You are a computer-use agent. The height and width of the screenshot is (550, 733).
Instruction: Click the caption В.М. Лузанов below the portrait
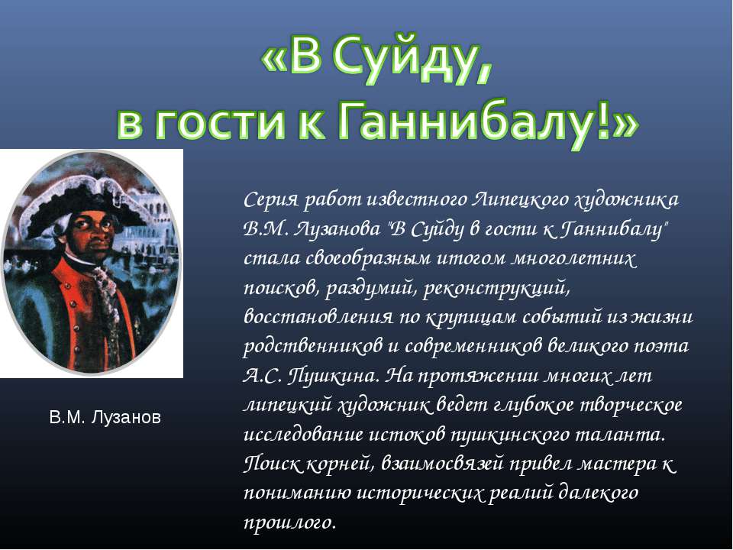coord(105,418)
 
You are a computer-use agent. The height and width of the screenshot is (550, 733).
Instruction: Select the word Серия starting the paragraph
coord(269,200)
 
